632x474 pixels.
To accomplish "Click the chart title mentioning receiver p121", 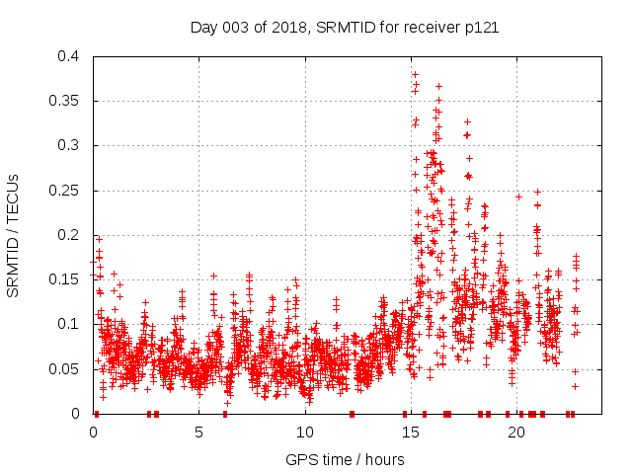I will pyautogui.click(x=344, y=28).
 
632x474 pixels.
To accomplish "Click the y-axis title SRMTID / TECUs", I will pyautogui.click(x=14, y=234).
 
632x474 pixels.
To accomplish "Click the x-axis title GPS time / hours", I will pyautogui.click(x=344, y=459).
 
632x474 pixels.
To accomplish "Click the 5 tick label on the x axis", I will pyautogui.click(x=199, y=432).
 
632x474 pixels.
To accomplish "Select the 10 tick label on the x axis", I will pyautogui.click(x=305, y=432).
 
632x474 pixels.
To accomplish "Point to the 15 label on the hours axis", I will pyautogui.click(x=411, y=432).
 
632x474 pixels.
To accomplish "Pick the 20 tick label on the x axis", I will pyautogui.click(x=516, y=432).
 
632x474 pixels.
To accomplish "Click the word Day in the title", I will pyautogui.click(x=204, y=28).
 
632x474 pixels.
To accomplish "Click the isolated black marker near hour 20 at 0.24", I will pyautogui.click(x=518, y=197).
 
